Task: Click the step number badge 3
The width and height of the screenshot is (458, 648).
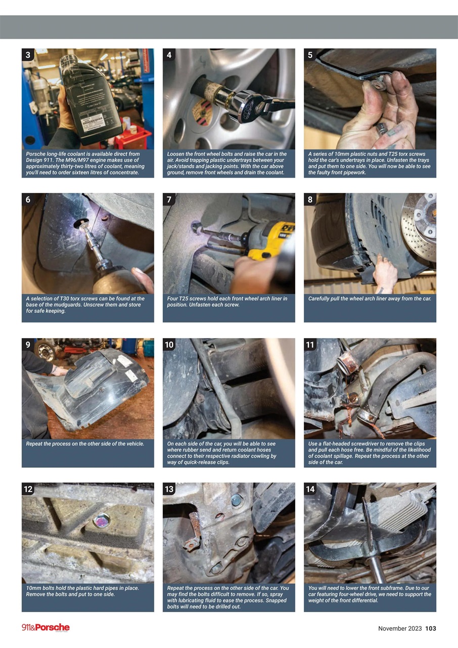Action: coord(28,55)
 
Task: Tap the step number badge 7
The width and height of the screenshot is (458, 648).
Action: coord(169,199)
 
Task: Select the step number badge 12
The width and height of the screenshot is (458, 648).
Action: coord(28,489)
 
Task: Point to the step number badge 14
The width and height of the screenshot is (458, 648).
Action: coord(310,489)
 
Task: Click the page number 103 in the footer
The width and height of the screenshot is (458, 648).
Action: coord(430,628)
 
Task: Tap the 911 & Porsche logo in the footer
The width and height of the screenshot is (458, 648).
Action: coord(45,628)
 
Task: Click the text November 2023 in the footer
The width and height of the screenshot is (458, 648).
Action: coord(399,628)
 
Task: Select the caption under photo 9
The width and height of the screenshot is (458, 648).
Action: coord(85,444)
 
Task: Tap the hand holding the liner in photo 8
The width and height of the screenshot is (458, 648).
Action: coord(385,274)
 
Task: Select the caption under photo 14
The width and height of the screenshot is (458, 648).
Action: coord(370,594)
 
